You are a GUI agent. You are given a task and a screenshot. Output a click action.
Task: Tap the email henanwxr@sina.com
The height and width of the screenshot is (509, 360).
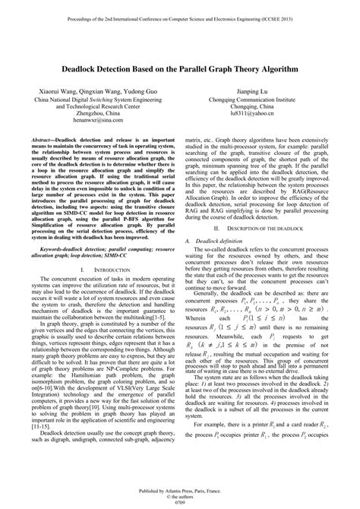coord(94,119)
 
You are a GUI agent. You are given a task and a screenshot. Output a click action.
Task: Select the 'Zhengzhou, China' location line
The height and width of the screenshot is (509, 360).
coord(94,109)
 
